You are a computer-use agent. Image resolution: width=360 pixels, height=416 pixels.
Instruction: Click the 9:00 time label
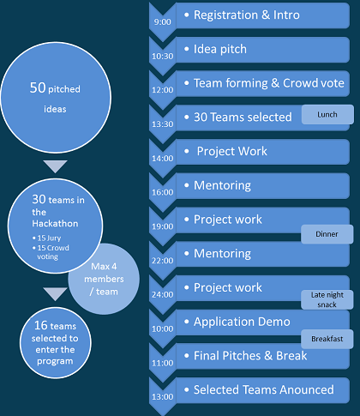pyautogui.click(x=162, y=22)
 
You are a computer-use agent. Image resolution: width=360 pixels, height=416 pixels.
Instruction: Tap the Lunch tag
pyautogui.click(x=327, y=114)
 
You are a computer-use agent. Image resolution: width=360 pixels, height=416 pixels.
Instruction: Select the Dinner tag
pyautogui.click(x=327, y=234)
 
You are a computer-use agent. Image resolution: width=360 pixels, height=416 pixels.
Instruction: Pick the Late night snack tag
pyautogui.click(x=327, y=299)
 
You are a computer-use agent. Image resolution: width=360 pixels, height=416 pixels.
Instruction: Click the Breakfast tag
pyautogui.click(x=327, y=339)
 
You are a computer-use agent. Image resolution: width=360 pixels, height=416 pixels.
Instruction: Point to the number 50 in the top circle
pyautogui.click(x=38, y=87)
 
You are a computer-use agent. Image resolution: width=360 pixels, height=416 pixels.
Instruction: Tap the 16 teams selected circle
pyautogui.click(x=56, y=343)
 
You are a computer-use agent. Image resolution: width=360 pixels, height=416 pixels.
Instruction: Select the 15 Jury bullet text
pyautogui.click(x=46, y=238)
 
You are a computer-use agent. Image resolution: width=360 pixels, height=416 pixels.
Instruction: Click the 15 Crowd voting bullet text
pyautogui.click(x=51, y=252)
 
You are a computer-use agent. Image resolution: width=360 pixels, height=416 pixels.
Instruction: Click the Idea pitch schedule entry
pyautogui.click(x=220, y=49)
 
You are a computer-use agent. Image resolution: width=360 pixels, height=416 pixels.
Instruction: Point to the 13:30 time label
pyautogui.click(x=162, y=124)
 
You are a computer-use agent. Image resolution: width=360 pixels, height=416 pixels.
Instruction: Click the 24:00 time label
pyautogui.click(x=162, y=294)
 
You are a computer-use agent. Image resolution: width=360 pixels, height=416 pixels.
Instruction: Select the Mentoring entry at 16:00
pyautogui.click(x=222, y=185)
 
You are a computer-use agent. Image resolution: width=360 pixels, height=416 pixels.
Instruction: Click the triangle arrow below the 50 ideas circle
pyautogui.click(x=55, y=166)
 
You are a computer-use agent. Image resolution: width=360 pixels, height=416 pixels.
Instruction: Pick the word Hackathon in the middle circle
pyautogui.click(x=55, y=223)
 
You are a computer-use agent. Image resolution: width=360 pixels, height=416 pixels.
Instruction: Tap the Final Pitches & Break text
pyautogui.click(x=250, y=356)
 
